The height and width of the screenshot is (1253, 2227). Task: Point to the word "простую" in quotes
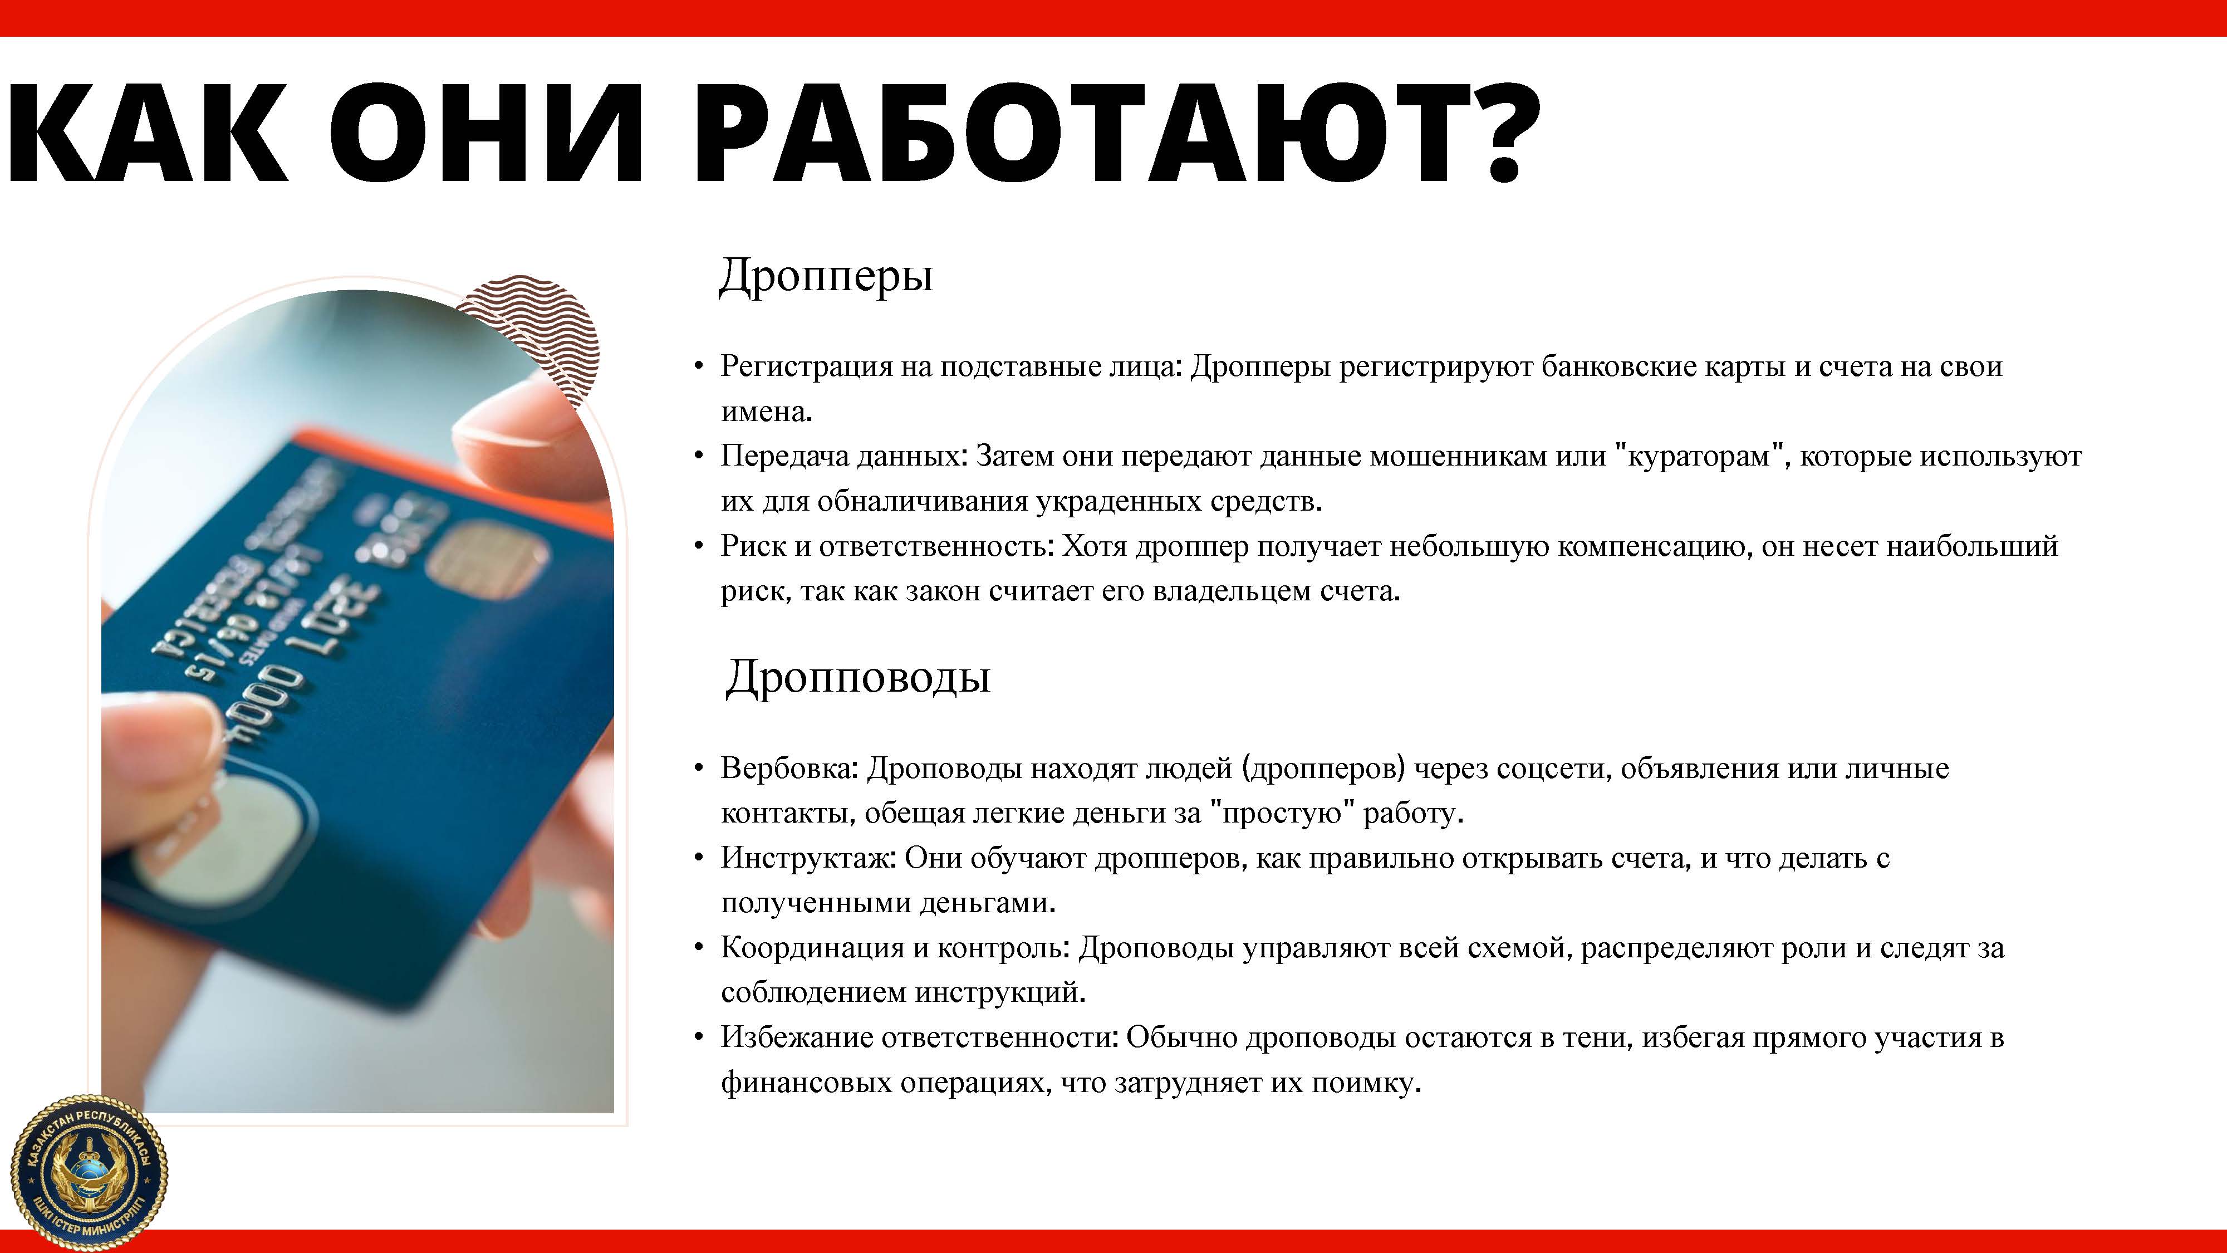click(x=1282, y=814)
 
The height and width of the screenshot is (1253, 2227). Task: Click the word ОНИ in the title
click(x=486, y=134)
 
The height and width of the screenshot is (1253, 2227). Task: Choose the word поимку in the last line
click(x=1366, y=1084)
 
